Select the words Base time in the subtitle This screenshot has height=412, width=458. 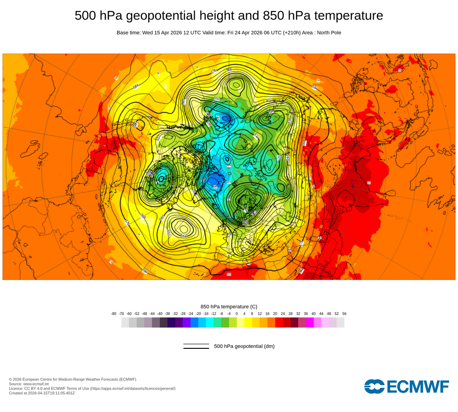point(128,33)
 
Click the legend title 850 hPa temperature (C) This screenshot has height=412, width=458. point(229,306)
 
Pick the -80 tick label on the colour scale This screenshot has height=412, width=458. point(114,314)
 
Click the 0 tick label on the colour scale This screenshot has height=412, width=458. point(237,314)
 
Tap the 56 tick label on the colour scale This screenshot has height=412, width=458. point(344,314)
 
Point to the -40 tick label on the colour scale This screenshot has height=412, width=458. point(160,314)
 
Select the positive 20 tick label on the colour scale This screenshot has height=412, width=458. point(275,314)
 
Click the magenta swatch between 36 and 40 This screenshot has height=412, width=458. point(310,323)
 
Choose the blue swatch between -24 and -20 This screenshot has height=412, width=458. point(194,323)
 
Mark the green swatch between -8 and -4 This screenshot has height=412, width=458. point(225,323)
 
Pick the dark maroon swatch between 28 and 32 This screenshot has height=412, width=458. point(294,323)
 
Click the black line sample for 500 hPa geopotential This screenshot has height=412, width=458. point(196,346)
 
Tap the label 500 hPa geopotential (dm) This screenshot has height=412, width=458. point(244,346)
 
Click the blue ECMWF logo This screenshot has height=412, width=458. point(406,386)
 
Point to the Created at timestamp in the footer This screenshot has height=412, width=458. point(42,393)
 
